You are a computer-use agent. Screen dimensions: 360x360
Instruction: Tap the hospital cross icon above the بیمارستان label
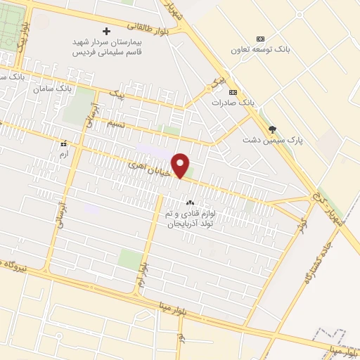pos(107,32)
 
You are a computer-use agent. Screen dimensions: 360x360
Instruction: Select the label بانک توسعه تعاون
pos(261,50)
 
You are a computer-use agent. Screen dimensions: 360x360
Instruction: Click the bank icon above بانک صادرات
pos(233,92)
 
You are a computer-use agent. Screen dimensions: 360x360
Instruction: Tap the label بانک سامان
pos(53,89)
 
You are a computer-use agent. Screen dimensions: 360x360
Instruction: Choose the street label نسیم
pos(116,124)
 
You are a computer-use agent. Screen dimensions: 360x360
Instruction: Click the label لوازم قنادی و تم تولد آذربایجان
pos(191,218)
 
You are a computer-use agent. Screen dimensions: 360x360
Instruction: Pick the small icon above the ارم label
pos(63,143)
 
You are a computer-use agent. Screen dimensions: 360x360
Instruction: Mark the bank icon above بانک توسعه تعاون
pos(261,38)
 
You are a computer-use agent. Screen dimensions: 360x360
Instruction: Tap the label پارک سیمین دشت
pos(278,141)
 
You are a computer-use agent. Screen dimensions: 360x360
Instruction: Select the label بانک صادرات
pos(233,103)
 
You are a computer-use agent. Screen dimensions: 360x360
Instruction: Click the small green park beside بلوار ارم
pos(129,259)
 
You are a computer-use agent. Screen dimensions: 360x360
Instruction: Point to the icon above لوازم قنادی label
pos(190,202)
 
